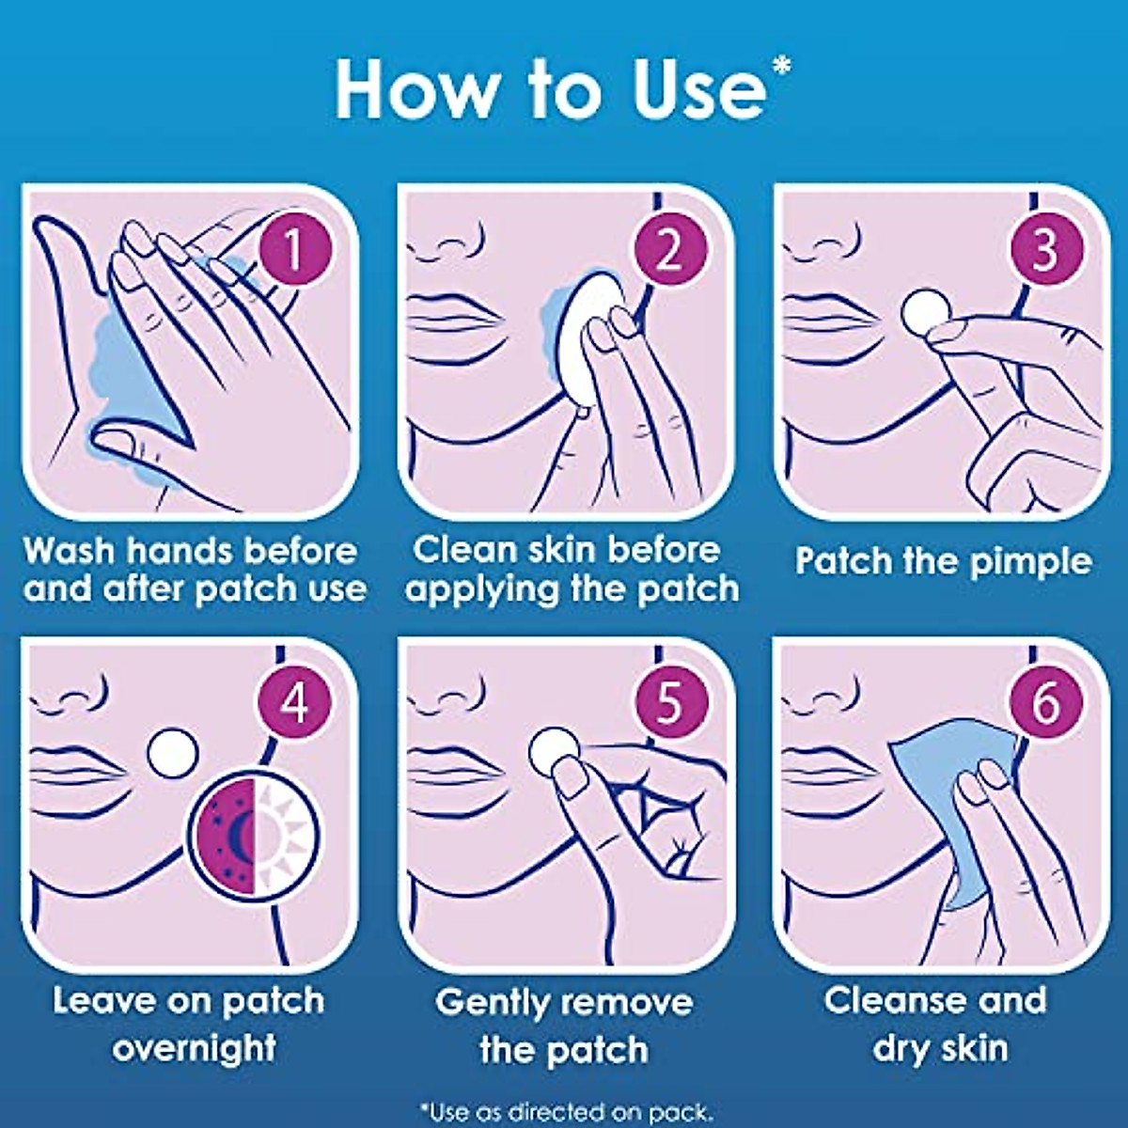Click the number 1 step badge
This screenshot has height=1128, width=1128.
(294, 251)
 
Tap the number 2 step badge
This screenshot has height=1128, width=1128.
(669, 251)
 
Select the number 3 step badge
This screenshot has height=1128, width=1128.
(1046, 251)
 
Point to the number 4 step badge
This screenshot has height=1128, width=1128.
(294, 703)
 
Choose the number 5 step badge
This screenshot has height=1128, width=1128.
(669, 703)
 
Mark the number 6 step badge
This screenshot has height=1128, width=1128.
(1046, 703)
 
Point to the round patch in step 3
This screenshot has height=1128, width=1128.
(924, 312)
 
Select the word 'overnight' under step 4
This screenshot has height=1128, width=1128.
(195, 1048)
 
